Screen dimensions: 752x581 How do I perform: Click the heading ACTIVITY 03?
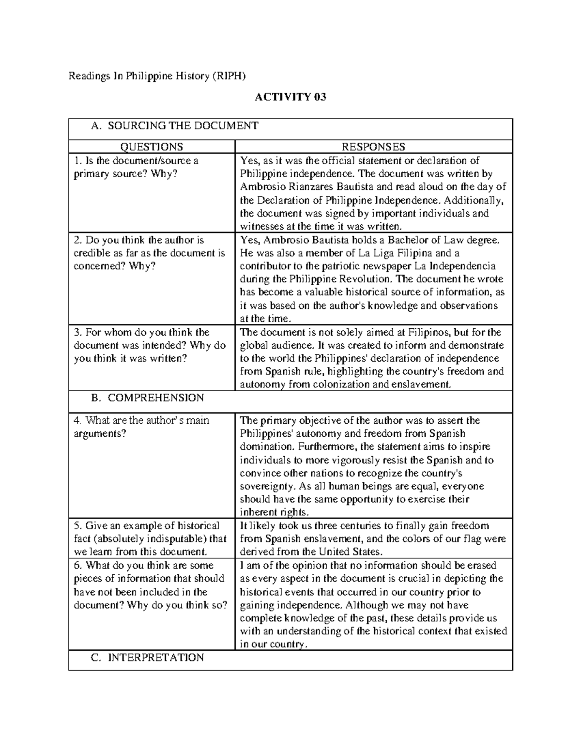(x=290, y=97)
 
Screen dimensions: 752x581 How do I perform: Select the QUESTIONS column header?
(x=152, y=147)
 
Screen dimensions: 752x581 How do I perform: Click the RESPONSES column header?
(x=373, y=147)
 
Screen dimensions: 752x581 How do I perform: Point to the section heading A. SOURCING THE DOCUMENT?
(x=175, y=126)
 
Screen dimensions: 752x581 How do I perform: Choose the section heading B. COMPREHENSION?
(x=148, y=398)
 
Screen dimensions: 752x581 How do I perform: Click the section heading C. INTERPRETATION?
(x=148, y=657)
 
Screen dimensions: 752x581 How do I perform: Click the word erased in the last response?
(x=489, y=565)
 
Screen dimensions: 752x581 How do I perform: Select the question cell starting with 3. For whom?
(x=150, y=345)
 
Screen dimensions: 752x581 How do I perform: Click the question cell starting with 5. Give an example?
(x=150, y=538)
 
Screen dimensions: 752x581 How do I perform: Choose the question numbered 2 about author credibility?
(x=149, y=253)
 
